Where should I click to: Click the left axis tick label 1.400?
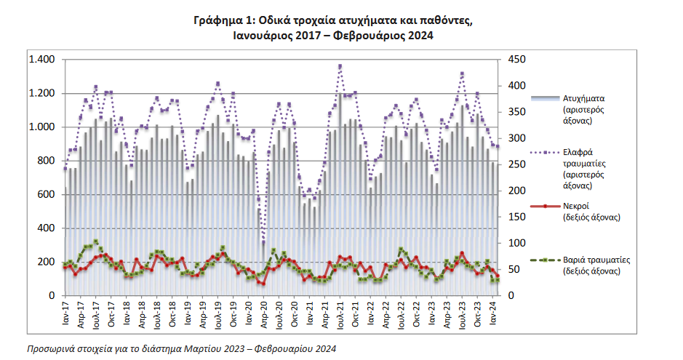tap(41, 59)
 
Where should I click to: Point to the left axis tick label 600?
tap(46, 195)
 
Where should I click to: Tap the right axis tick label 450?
tap(517, 59)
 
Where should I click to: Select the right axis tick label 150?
tap(517, 217)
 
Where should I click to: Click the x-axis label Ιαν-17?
tap(65, 313)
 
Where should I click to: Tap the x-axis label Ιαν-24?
tap(493, 313)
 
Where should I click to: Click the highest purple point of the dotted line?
tap(340, 67)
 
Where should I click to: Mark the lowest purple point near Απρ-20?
tap(263, 242)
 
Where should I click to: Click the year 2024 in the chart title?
tap(420, 36)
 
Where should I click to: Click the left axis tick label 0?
tap(52, 295)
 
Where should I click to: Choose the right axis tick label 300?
tap(517, 138)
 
